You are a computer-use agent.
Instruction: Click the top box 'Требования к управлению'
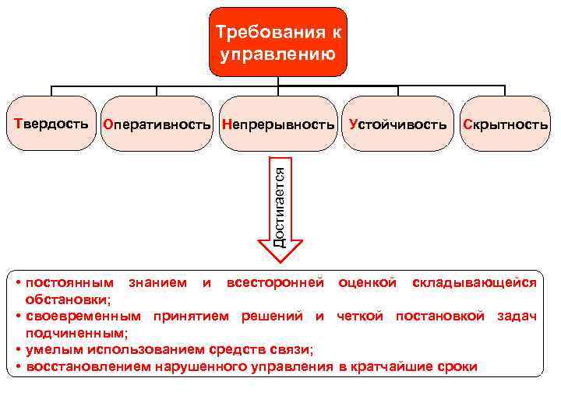279,42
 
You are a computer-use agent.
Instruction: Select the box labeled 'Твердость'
49,124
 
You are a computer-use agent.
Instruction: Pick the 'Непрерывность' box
278,124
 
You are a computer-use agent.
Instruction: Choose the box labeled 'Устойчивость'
398,124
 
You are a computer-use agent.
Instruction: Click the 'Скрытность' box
505,124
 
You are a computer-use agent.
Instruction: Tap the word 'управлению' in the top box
278,54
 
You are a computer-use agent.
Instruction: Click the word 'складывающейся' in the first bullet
474,282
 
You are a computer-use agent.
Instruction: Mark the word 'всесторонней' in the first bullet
274,282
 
